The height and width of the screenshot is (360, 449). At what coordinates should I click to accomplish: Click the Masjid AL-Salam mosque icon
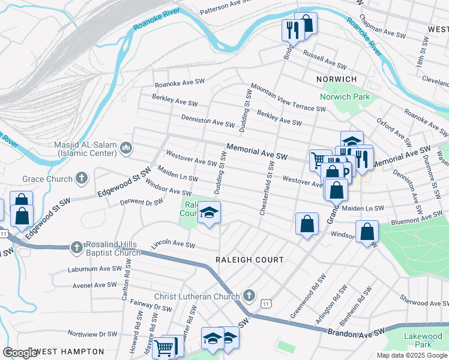point(125,148)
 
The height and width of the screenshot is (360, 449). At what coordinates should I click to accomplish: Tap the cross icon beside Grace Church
point(82,178)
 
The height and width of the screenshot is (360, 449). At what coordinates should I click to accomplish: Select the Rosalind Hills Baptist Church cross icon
point(76,247)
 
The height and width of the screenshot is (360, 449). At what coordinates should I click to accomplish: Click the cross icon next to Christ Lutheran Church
point(249,296)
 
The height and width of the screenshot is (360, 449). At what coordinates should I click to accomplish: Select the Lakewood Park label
point(418,340)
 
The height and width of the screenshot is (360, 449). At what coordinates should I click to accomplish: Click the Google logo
point(20,352)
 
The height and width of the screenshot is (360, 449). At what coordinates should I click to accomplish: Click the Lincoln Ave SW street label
point(173,245)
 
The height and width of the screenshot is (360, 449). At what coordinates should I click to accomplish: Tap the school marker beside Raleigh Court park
point(209,213)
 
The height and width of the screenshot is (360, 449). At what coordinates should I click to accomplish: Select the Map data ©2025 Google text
point(411,355)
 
